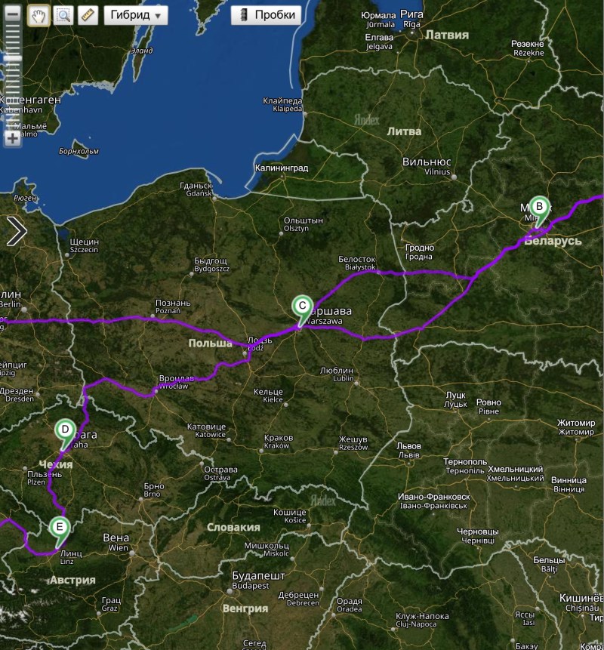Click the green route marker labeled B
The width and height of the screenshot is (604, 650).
coord(539,207)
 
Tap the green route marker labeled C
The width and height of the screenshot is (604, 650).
coord(301,306)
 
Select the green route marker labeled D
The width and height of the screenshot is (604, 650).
coord(66,430)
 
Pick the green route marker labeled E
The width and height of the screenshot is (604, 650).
coord(60,527)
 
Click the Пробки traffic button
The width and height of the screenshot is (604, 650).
coord(266,15)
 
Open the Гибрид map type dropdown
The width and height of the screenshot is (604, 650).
coord(135,15)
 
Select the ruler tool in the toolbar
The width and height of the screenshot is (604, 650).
coord(88,15)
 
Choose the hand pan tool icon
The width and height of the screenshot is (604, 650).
coord(39,15)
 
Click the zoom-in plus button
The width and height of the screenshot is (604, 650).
coord(12,138)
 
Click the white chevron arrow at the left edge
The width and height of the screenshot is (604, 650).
coord(16,231)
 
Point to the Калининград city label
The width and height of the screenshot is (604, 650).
coord(282,168)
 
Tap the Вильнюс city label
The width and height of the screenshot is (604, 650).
coord(427,162)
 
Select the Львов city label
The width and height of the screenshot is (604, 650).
coord(408,446)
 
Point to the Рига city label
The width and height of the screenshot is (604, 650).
coord(411,15)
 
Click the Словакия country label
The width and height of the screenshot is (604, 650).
coord(233,528)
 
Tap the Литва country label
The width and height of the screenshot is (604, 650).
coord(404,131)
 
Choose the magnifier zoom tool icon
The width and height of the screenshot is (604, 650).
coord(63,15)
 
